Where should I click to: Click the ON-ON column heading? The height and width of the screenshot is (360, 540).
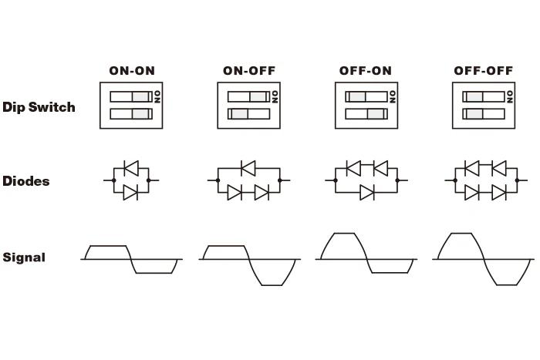[132, 71]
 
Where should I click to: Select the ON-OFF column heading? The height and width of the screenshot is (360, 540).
[249, 71]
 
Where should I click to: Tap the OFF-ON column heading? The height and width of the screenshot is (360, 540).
[366, 71]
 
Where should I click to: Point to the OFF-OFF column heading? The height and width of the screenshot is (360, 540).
[484, 71]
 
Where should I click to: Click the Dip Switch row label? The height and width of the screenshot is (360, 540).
[39, 107]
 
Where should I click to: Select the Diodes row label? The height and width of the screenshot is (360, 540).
[25, 181]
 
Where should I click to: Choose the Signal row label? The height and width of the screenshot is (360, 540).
[24, 257]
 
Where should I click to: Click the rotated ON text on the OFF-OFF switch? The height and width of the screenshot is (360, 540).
[510, 97]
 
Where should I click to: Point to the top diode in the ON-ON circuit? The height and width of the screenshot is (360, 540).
[131, 168]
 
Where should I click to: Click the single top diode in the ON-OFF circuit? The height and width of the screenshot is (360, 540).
[248, 168]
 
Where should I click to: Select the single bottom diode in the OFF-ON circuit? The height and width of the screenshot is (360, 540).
[367, 193]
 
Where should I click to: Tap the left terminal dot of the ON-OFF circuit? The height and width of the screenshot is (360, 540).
[218, 180]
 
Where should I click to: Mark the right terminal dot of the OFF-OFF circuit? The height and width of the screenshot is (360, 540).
[517, 180]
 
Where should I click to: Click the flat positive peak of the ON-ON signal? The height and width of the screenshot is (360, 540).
[108, 246]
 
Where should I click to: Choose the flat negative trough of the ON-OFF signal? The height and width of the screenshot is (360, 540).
[272, 285]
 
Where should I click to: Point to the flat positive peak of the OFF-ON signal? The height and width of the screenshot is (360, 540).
[344, 234]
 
